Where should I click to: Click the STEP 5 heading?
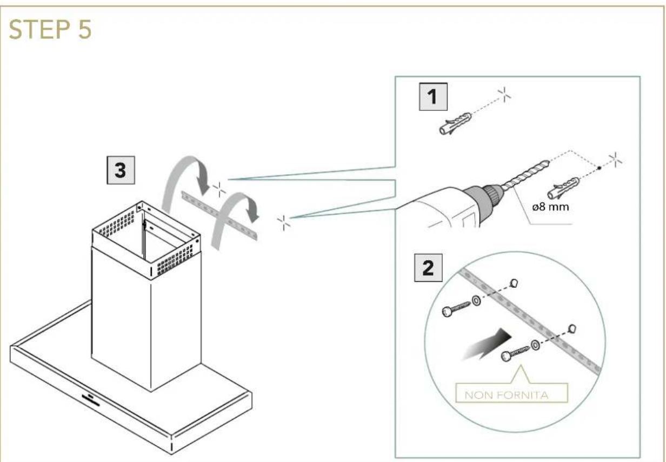pos(50,29)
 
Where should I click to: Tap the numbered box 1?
pos(433,97)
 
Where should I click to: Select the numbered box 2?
pos(429,268)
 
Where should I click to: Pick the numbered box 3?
pos(121,170)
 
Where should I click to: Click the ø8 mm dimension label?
pos(551,207)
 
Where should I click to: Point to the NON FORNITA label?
pos(507,395)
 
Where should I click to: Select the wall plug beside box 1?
pos(455,123)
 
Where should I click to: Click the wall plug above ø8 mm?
pos(563,188)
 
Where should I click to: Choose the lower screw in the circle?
pos(515,353)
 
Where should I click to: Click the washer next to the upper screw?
pos(476,300)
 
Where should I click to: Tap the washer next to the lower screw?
pos(535,345)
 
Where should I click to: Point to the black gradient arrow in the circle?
pos(486,345)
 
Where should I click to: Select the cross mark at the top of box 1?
pos(504,94)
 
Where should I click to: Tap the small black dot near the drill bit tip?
pos(599,168)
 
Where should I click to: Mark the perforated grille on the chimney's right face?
pos(175,261)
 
